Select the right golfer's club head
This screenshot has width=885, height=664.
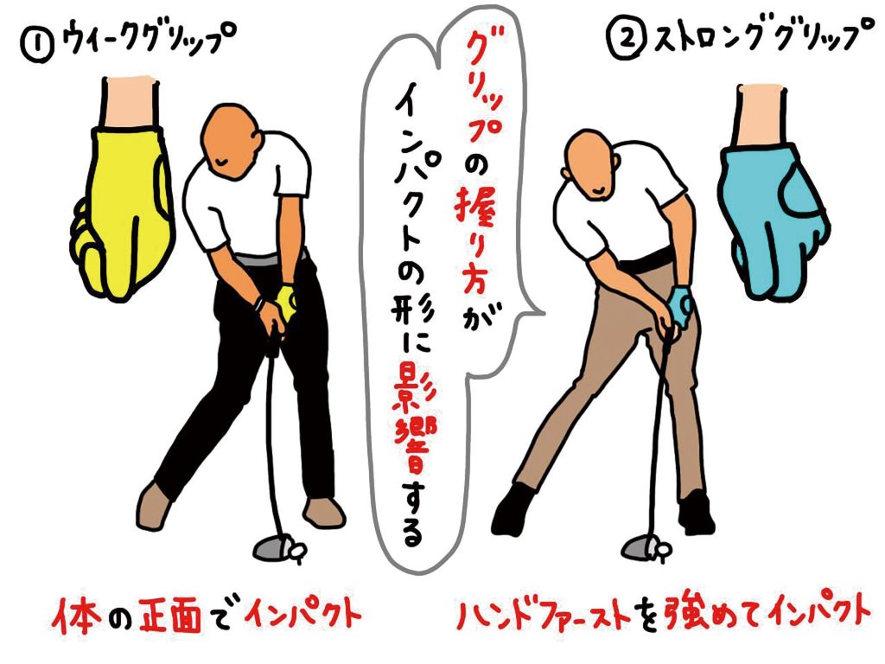click(x=639, y=547)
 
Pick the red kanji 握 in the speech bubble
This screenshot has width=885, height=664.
click(x=475, y=212)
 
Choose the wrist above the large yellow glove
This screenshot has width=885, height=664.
click(x=130, y=104)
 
